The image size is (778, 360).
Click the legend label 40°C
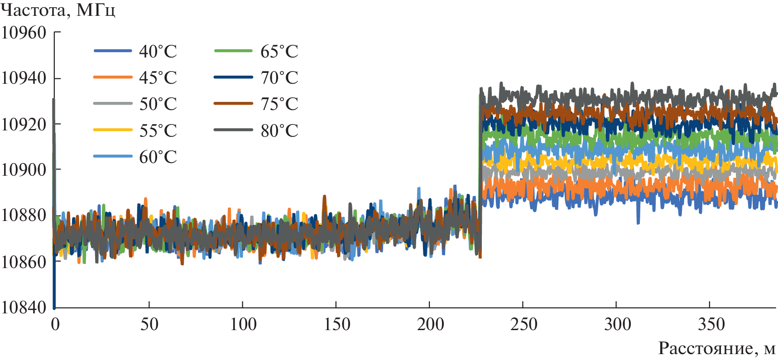158,51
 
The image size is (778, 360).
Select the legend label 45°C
158,77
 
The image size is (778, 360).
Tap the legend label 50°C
158,104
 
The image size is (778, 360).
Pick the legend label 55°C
158,130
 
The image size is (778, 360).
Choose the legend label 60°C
158,157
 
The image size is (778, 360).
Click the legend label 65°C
279,51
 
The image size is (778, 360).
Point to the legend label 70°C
279,77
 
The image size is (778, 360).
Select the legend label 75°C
279,104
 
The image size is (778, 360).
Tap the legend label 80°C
279,130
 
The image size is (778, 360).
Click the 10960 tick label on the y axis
24,33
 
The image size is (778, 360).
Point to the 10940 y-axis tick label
24,78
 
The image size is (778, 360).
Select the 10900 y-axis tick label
24,170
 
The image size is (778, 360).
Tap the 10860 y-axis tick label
24,261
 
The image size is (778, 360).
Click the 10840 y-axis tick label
24,307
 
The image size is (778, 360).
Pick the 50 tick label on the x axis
149,324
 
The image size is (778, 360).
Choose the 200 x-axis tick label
429,324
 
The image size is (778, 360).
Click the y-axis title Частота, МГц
58,10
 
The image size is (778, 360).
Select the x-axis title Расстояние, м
716,348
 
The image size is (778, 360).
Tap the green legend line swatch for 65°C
233,51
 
